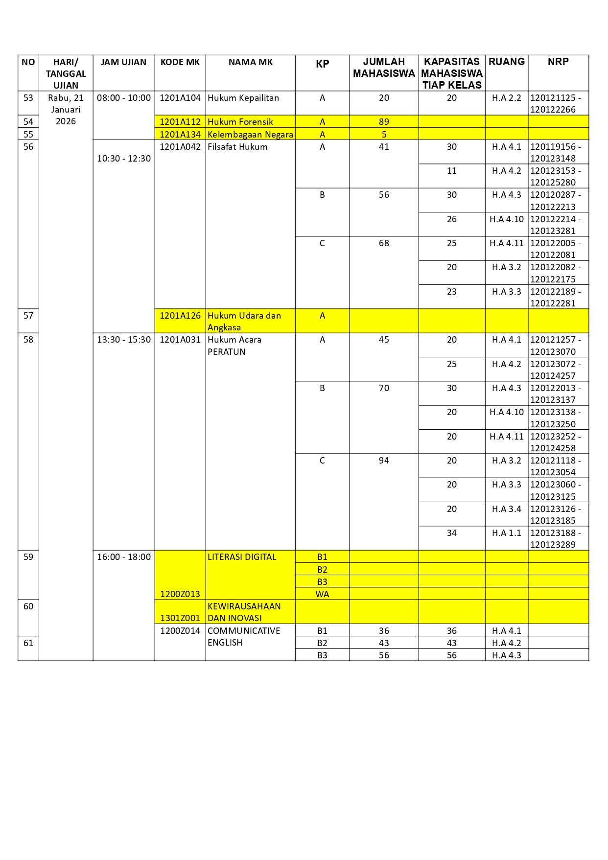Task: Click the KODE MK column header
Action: pos(180,62)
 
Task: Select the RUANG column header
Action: pos(506,62)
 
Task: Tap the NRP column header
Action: pos(558,62)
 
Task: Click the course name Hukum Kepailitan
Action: pos(243,98)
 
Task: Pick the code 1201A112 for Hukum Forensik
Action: pos(180,122)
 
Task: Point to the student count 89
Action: pos(384,122)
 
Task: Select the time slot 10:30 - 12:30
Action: pos(124,159)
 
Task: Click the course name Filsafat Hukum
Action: pos(237,147)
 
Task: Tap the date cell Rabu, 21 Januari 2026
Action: pos(66,110)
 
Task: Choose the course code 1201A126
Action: pos(180,316)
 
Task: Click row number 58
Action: pos(28,340)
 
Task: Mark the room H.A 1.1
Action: pos(506,533)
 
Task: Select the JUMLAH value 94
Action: pos(384,461)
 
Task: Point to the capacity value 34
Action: pos(451,533)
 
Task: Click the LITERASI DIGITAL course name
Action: pos(242,557)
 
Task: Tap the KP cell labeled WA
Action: pos(322,594)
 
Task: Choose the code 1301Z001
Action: pos(180,618)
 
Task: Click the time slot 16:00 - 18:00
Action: pos(124,557)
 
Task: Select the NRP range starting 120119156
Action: pos(556,152)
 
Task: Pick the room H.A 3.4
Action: pos(506,509)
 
